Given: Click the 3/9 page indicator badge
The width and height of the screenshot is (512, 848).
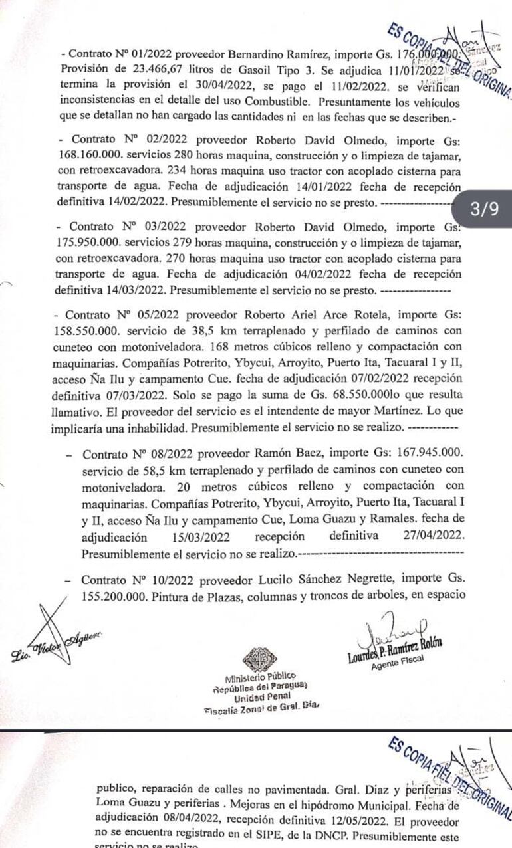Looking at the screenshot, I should tap(483, 210).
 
